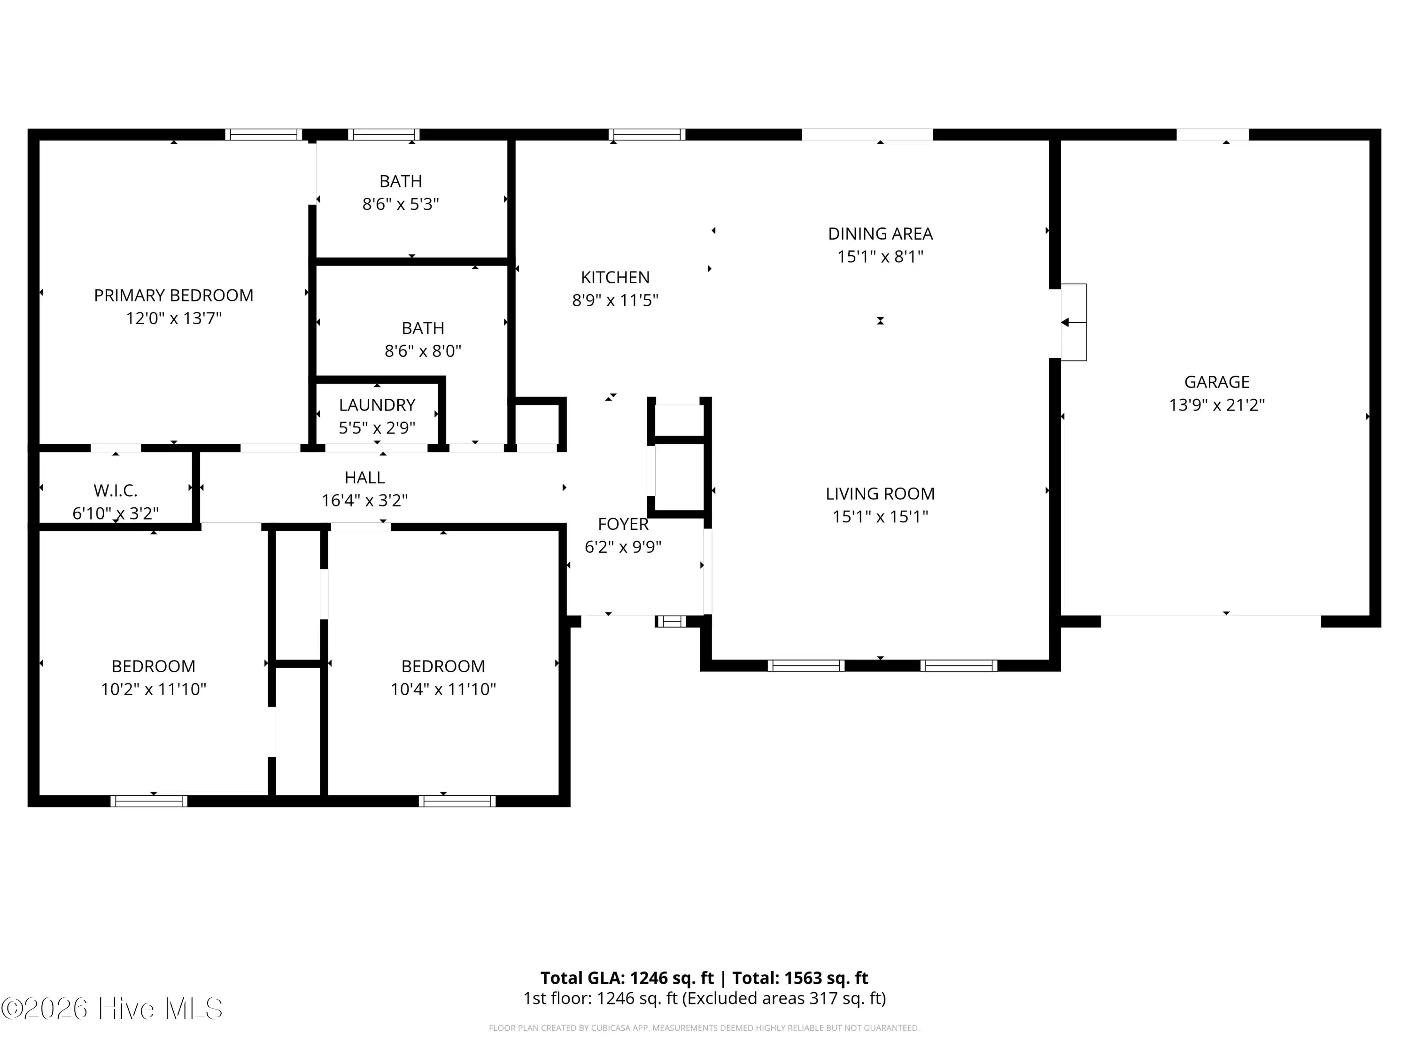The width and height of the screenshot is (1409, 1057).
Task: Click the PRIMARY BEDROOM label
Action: pos(173,295)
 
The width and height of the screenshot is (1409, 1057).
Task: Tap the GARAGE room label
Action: pos(1216,382)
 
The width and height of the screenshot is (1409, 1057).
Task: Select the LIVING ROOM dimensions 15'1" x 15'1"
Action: pos(880,517)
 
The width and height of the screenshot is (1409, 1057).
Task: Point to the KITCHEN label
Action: pos(615,278)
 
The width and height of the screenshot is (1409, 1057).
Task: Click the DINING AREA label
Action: pos(880,234)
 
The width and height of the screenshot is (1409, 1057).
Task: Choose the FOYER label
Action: pos(623,524)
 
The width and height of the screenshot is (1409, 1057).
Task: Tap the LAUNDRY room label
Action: pos(377,405)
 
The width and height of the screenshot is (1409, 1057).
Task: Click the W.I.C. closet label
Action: pos(115,490)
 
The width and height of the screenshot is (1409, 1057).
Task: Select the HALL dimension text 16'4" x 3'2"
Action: pos(364,501)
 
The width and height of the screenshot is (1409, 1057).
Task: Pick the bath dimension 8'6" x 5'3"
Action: pos(401,204)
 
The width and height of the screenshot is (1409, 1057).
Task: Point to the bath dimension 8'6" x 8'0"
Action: pos(423,351)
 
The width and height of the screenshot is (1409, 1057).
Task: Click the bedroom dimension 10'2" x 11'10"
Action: pos(154,689)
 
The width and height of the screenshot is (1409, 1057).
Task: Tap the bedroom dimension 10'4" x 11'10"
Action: pos(443,689)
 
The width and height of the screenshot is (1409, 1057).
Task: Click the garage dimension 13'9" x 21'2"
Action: pos(1216,405)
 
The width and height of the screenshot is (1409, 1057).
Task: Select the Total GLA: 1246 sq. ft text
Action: pos(627,978)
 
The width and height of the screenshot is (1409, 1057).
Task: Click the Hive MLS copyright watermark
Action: pos(112,1008)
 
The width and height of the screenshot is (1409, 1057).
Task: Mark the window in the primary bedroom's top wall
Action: pos(263,134)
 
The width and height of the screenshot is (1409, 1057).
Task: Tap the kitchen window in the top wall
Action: pos(647,134)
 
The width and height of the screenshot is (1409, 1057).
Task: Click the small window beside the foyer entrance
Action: pos(671,621)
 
